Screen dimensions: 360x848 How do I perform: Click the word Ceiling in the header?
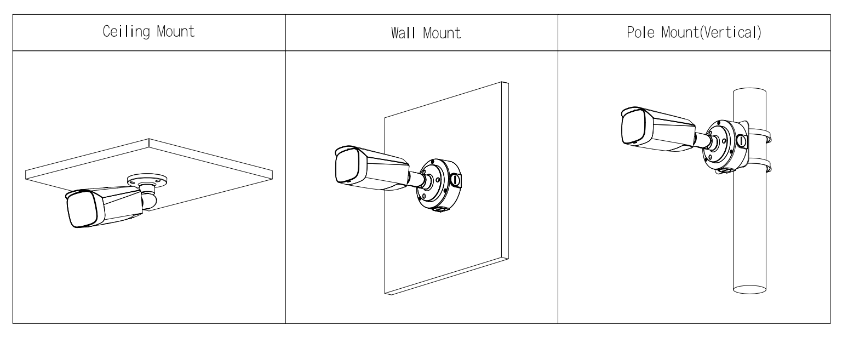pyautogui.click(x=121, y=31)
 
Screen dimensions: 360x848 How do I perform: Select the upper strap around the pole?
pyautogui.click(x=759, y=134)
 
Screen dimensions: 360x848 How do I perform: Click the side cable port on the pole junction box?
pyautogui.click(x=741, y=141)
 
